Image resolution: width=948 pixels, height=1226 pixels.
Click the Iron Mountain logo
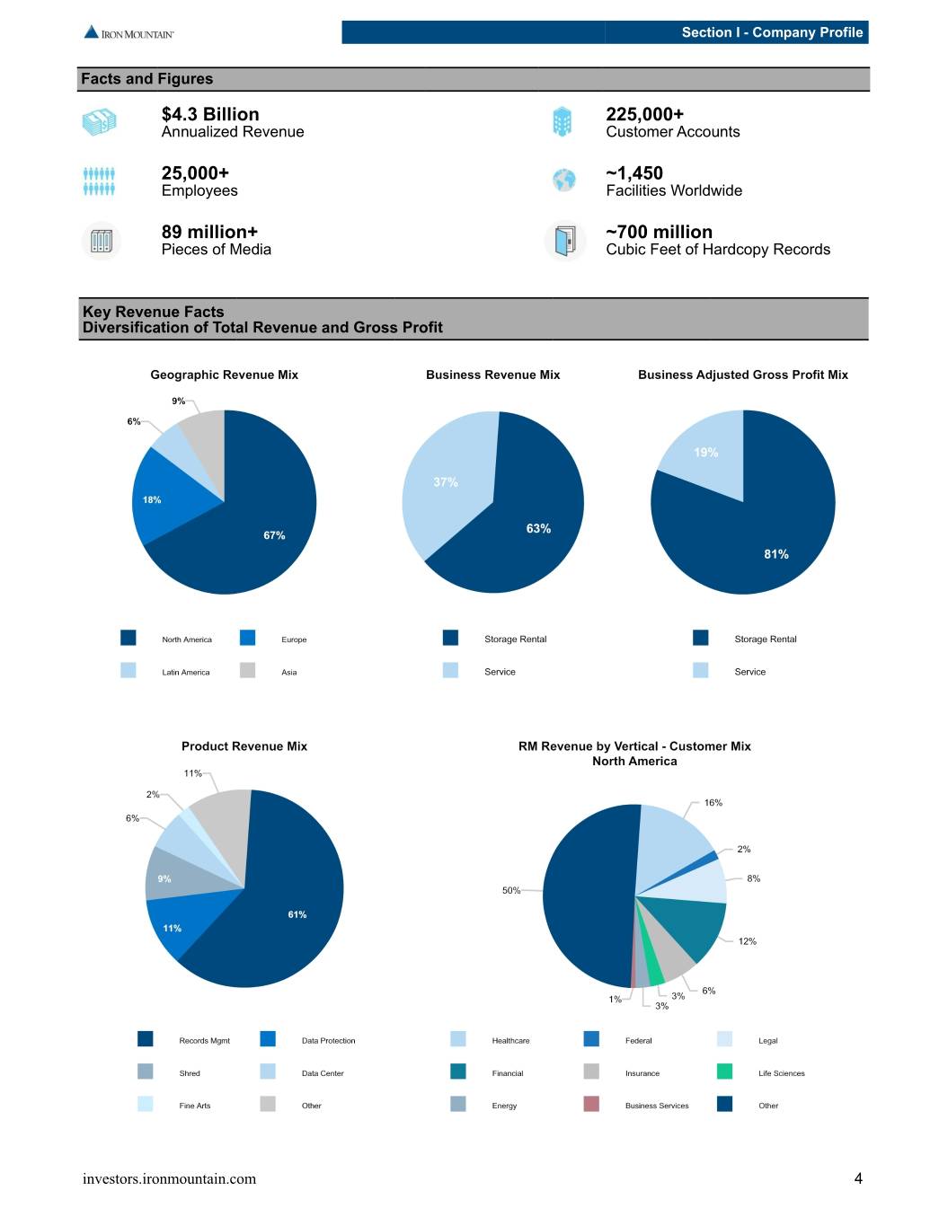(x=128, y=32)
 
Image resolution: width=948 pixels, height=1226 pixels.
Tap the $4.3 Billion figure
(x=210, y=114)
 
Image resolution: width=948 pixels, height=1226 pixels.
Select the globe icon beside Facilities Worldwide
(x=563, y=180)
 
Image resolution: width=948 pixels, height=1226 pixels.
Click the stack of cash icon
(x=100, y=122)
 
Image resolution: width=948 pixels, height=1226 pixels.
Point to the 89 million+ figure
(x=209, y=232)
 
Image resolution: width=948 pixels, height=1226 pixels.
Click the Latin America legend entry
(x=165, y=672)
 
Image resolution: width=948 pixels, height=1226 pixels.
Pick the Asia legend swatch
(x=247, y=670)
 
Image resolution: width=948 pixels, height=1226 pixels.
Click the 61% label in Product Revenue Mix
(x=297, y=914)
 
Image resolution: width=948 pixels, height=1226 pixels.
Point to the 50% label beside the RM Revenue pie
(x=511, y=890)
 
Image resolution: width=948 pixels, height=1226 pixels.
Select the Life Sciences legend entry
(x=761, y=1072)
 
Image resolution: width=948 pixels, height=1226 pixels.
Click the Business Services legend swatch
(x=590, y=1104)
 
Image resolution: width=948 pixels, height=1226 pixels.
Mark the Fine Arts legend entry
(x=174, y=1105)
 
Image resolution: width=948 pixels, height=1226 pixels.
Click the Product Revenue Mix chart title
(x=244, y=745)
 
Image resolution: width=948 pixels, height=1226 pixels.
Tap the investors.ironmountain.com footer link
(x=169, y=1178)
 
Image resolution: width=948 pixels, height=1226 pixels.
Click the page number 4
(x=858, y=1178)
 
